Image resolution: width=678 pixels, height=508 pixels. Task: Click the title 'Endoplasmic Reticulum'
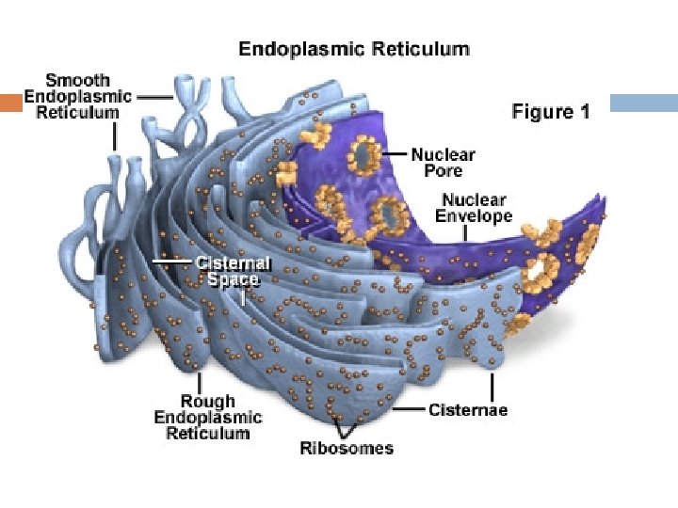click(353, 48)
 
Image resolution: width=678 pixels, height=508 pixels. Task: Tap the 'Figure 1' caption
click(551, 112)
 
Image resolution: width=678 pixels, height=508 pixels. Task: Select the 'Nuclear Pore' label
click(443, 162)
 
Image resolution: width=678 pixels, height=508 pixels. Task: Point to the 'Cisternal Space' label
click(233, 271)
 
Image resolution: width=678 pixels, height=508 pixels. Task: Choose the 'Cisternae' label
click(468, 410)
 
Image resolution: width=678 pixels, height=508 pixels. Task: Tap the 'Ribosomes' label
click(346, 448)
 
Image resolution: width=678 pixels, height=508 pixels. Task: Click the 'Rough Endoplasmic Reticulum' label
click(208, 418)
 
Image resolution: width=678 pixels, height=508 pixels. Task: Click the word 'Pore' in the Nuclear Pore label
click(443, 170)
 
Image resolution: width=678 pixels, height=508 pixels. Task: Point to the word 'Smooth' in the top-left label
click(78, 80)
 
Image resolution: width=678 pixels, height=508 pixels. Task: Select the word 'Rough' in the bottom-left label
click(208, 402)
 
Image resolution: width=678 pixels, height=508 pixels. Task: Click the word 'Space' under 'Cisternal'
click(233, 279)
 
